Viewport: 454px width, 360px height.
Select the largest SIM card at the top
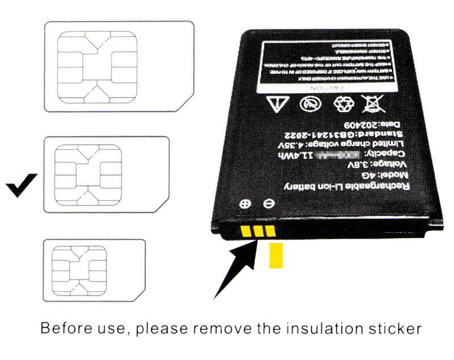119,66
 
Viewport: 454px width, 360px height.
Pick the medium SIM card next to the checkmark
107,174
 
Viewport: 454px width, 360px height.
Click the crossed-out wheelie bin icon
373,104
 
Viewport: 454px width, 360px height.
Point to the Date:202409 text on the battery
369,124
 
